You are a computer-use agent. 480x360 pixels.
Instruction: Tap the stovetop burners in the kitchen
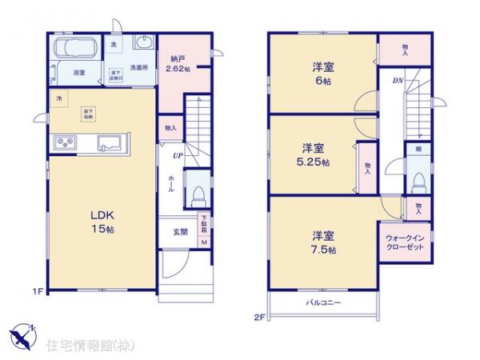tap(65, 143)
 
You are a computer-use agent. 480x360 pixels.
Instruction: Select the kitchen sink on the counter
tap(110, 143)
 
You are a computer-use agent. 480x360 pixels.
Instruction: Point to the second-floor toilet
tap(418, 182)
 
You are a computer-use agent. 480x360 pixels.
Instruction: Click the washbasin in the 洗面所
tap(145, 45)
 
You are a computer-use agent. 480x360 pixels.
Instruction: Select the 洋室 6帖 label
tap(322, 74)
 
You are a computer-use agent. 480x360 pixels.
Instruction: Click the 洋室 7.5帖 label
tap(323, 242)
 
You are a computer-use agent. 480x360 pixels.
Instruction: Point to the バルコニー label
tap(322, 303)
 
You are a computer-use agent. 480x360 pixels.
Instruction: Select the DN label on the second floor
tap(397, 81)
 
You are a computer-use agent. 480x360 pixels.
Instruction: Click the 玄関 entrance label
tap(181, 232)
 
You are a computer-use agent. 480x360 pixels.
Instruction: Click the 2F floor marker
tap(260, 318)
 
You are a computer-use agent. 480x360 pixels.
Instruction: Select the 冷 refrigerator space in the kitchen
tap(58, 98)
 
